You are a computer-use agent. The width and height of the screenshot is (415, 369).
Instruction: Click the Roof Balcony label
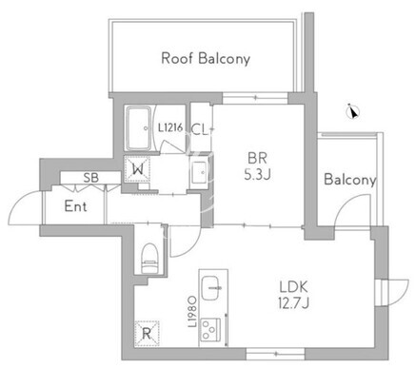click(206, 59)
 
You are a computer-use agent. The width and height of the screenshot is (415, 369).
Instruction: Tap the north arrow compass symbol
click(353, 111)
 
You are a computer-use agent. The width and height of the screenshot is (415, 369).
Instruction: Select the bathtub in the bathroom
click(139, 128)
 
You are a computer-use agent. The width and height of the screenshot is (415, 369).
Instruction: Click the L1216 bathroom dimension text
click(170, 127)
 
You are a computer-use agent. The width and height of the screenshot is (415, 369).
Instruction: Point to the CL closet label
click(200, 130)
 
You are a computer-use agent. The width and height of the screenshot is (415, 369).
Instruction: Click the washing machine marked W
click(137, 169)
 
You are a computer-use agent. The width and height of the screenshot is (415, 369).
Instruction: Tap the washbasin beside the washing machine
click(200, 172)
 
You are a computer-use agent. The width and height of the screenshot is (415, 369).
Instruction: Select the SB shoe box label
click(90, 178)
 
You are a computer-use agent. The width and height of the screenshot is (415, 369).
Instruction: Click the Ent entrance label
click(75, 206)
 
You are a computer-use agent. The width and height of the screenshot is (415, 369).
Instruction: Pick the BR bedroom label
click(258, 158)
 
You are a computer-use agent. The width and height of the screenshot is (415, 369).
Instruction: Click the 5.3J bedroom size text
click(257, 174)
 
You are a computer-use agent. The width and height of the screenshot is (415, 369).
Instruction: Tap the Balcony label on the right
click(349, 180)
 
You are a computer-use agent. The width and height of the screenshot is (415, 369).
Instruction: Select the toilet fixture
click(149, 258)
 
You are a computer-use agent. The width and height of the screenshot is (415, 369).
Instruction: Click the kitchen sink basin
click(210, 288)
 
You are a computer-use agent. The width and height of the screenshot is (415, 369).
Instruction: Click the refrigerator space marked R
click(147, 333)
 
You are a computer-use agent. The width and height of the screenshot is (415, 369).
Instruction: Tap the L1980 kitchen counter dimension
click(192, 312)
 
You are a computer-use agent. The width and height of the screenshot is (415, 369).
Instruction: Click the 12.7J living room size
click(293, 303)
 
